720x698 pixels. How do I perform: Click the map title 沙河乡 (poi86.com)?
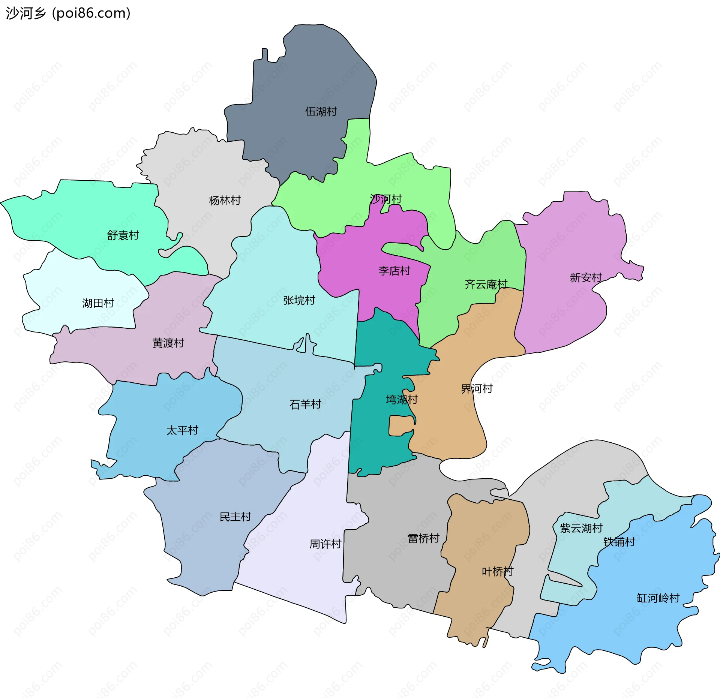click(x=68, y=13)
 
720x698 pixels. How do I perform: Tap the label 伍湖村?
click(x=321, y=111)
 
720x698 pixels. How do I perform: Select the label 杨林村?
click(x=225, y=201)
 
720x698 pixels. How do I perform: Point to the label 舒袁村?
click(x=123, y=235)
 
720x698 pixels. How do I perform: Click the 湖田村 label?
click(x=98, y=303)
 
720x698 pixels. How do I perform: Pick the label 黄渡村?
click(x=168, y=343)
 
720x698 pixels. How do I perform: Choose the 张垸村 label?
click(x=299, y=300)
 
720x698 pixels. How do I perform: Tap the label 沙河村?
click(x=385, y=199)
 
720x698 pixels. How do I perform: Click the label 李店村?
click(x=394, y=271)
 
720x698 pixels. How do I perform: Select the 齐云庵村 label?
click(x=486, y=284)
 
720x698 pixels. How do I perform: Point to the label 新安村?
click(x=586, y=277)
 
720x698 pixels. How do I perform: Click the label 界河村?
click(x=477, y=388)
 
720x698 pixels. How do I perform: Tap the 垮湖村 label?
click(x=402, y=399)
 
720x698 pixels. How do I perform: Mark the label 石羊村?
click(x=305, y=404)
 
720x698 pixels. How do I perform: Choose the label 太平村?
click(x=182, y=430)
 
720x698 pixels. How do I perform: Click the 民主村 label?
click(x=235, y=517)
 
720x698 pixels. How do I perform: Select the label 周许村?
click(x=325, y=544)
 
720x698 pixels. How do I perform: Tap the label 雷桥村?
click(x=423, y=538)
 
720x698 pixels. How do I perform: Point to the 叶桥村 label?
click(x=497, y=571)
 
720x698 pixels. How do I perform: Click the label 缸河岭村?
click(x=658, y=598)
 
